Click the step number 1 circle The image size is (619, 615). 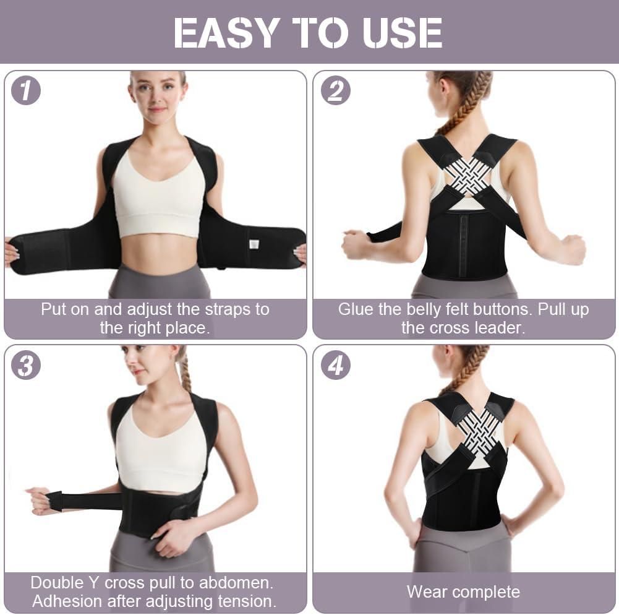click(x=25, y=91)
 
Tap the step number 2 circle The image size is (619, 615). click(x=335, y=91)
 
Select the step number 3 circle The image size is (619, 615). click(x=25, y=365)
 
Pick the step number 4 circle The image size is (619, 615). click(x=335, y=365)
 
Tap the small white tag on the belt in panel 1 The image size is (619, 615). click(x=254, y=244)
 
